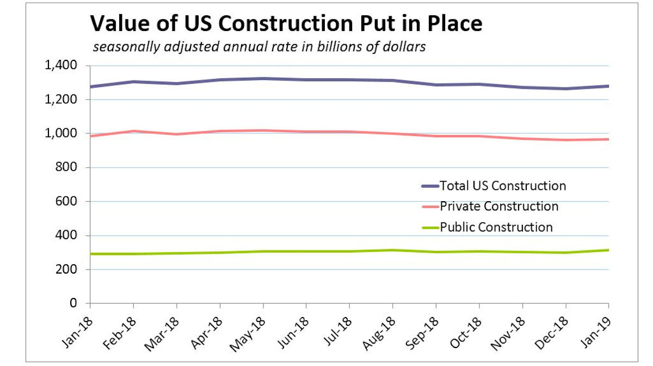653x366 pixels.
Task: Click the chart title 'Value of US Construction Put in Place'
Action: [286, 24]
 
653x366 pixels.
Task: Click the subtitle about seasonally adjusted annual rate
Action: [259, 47]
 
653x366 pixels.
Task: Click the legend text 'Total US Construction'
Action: [503, 186]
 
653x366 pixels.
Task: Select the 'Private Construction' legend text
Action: [499, 207]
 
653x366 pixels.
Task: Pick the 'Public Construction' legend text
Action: [496, 227]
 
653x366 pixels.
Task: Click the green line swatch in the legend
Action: [429, 227]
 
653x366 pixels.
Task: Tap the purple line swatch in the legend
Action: [429, 186]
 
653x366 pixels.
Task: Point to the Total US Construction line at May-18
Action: [263, 79]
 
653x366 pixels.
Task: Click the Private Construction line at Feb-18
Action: [133, 131]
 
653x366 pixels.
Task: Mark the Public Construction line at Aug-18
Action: [393, 250]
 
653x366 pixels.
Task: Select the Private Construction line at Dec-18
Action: [565, 140]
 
